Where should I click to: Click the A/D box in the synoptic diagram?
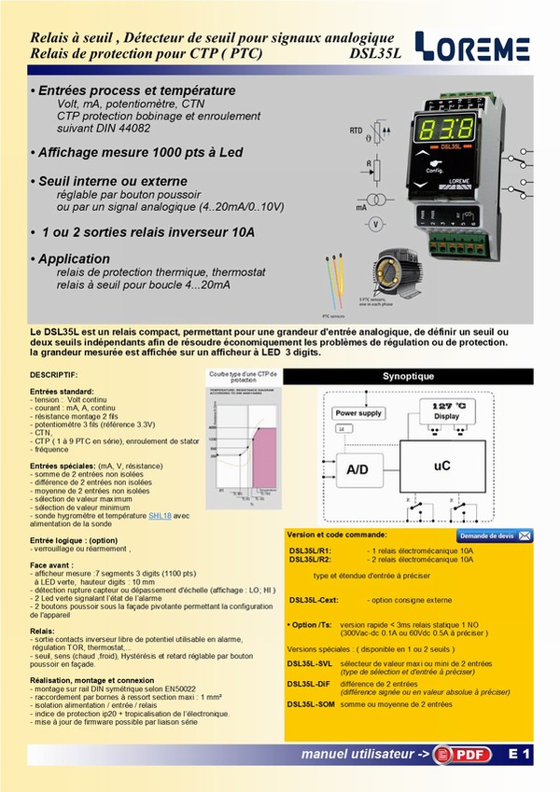(357, 470)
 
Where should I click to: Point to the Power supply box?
(358, 412)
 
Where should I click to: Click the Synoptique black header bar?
(408, 376)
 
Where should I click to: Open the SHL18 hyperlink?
(160, 514)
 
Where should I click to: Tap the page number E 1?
(520, 753)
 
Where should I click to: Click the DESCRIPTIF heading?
(55, 374)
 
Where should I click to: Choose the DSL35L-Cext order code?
(313, 600)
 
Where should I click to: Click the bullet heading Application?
(70, 258)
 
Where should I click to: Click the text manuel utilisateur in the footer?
(365, 754)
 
